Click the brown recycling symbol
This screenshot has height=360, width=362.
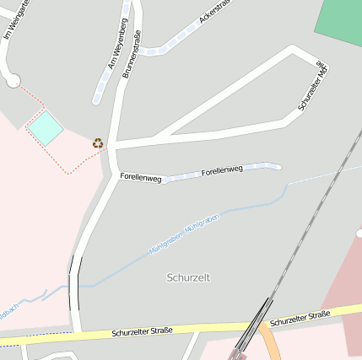pyautogui.click(x=98, y=143)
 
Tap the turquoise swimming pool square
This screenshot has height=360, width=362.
pyautogui.click(x=46, y=127)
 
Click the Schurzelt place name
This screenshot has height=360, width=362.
pyautogui.click(x=189, y=277)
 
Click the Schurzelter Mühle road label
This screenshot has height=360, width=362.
pyautogui.click(x=313, y=86)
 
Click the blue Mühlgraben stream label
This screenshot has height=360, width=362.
pyautogui.click(x=184, y=234)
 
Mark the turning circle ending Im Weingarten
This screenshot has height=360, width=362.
pyautogui.click(x=12, y=80)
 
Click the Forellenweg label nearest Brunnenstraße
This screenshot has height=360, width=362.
pyautogui.click(x=140, y=177)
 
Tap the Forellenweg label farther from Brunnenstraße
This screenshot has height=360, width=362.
pyautogui.click(x=222, y=170)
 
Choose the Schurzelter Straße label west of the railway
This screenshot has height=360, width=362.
pyautogui.click(x=142, y=331)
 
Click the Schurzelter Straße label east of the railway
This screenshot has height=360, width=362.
pyautogui.click(x=300, y=318)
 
